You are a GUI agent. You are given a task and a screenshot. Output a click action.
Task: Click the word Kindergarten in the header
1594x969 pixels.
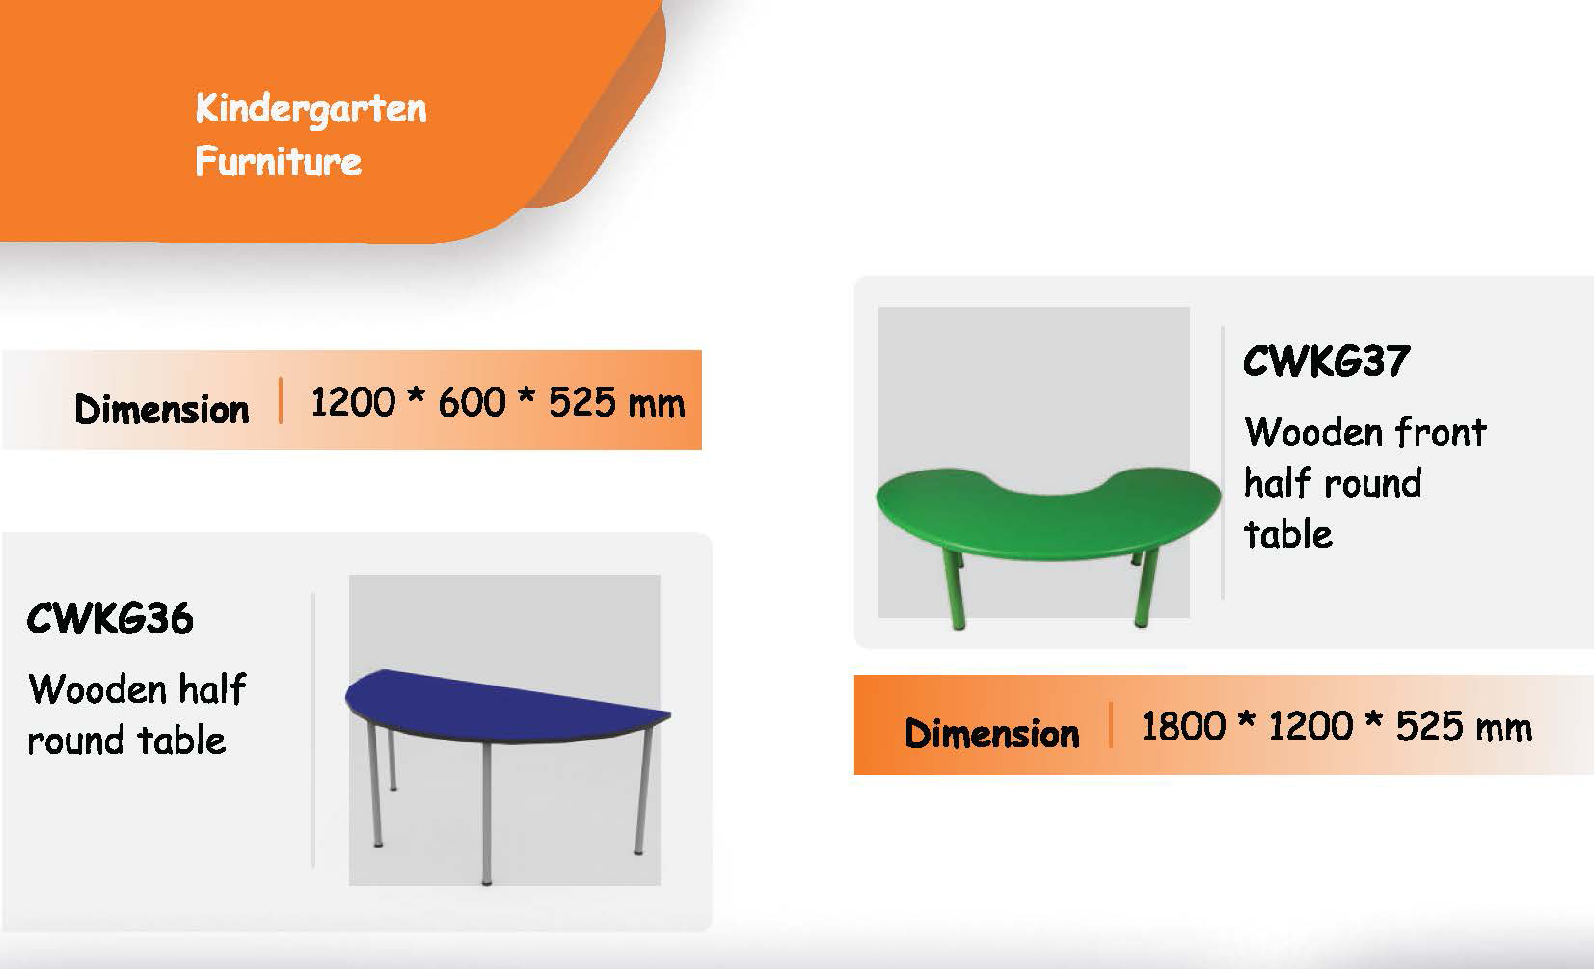pyautogui.click(x=311, y=109)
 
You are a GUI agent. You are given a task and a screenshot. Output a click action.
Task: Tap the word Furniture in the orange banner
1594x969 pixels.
pyautogui.click(x=279, y=161)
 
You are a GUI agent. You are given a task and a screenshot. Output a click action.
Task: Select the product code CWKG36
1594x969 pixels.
pyautogui.click(x=110, y=618)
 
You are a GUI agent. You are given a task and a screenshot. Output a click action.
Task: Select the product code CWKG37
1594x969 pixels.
pyautogui.click(x=1327, y=361)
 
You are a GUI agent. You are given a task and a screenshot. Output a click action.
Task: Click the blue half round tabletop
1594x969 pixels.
pyautogui.click(x=499, y=705)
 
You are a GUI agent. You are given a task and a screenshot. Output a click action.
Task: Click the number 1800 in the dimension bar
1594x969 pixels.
pyautogui.click(x=1183, y=726)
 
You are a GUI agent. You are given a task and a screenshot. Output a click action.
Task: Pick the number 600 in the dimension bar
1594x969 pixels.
pyautogui.click(x=472, y=402)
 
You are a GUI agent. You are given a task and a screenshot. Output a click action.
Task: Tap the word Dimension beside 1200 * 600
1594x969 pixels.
pyautogui.click(x=162, y=410)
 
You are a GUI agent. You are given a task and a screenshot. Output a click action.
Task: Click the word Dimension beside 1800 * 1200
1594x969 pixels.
pyautogui.click(x=992, y=734)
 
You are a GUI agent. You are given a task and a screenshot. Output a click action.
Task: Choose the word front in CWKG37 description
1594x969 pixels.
pyautogui.click(x=1441, y=432)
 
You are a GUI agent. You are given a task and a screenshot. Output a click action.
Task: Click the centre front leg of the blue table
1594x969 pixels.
pyautogui.click(x=487, y=813)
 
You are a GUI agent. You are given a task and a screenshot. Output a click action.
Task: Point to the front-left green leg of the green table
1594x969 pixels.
pyautogui.click(x=954, y=589)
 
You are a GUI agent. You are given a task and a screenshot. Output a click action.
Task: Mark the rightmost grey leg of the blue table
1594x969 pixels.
pyautogui.click(x=642, y=790)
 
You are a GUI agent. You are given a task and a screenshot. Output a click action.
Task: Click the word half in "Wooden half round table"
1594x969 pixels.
pyautogui.click(x=212, y=688)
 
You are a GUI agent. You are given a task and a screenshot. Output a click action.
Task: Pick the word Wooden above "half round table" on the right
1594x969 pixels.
pyautogui.click(x=1313, y=432)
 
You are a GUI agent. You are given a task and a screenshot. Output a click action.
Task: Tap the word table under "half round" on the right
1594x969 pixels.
pyautogui.click(x=1288, y=533)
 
